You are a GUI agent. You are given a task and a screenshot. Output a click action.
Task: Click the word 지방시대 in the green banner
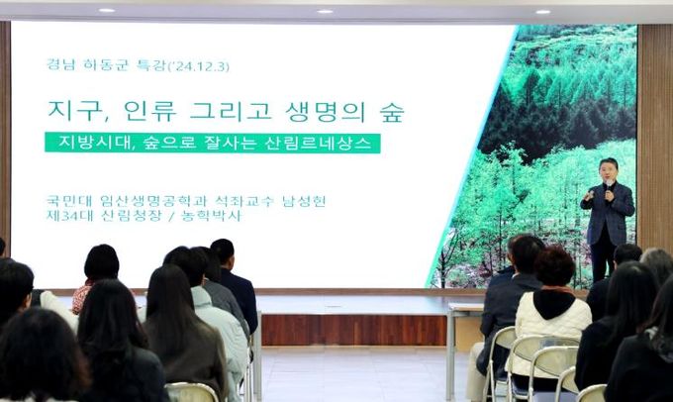click(85, 143)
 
